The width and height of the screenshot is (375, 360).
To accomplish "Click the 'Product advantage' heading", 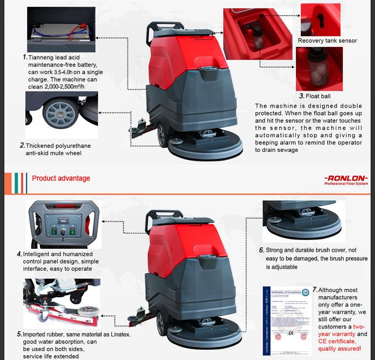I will pyautogui.click(x=61, y=178).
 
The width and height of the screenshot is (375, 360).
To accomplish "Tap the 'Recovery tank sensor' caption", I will pyautogui.click(x=327, y=41).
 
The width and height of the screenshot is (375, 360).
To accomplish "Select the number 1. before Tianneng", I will pyautogui.click(x=25, y=57).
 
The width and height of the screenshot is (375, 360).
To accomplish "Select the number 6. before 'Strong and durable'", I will pyautogui.click(x=262, y=250).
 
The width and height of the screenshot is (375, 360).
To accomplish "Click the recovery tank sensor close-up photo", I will pyautogui.click(x=320, y=19).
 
